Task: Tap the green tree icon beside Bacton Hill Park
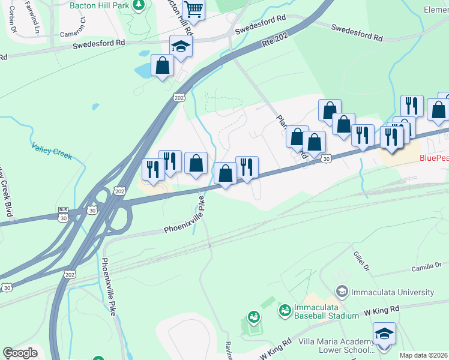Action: [x=139, y=5]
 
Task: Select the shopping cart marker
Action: [x=194, y=8]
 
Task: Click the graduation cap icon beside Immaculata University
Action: [x=342, y=292]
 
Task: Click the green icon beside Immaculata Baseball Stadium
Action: [x=285, y=310]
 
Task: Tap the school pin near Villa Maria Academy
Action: [x=384, y=334]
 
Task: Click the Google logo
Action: [x=20, y=353]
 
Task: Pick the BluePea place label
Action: [x=433, y=158]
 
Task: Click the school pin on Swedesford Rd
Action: [x=181, y=46]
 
